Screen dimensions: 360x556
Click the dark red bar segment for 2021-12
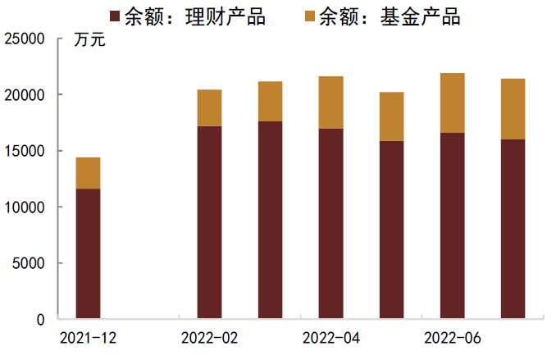point(88,253)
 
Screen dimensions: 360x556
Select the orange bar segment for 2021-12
point(88,173)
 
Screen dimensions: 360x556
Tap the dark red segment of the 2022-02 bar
point(209,222)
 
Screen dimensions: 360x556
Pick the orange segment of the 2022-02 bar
point(209,107)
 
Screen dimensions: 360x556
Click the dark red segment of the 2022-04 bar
point(330,223)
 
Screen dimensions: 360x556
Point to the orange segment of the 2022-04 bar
point(330,103)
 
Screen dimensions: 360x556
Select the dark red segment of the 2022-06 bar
point(452,226)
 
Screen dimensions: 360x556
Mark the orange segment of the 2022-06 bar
point(452,103)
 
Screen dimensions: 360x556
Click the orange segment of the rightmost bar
point(513,109)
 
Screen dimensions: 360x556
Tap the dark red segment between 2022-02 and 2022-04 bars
point(270,220)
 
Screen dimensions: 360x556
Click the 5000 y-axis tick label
point(29,263)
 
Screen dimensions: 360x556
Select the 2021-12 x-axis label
point(88,337)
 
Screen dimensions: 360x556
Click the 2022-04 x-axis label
point(330,337)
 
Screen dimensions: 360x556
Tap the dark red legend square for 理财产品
point(115,16)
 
